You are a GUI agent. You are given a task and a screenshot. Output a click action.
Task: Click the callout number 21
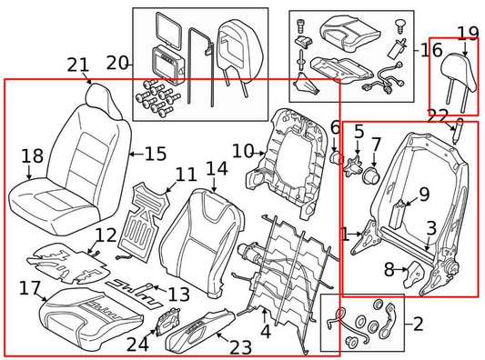tap(77, 65)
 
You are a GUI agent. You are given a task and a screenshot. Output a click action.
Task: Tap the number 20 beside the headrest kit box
tap(117, 63)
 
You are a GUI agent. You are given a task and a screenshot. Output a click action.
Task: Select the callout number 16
tap(432, 50)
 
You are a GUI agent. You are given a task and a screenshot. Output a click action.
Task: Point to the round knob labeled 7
tap(371, 175)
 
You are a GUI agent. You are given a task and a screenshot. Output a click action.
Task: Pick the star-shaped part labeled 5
tap(354, 165)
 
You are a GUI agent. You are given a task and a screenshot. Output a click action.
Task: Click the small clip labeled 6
tap(337, 157)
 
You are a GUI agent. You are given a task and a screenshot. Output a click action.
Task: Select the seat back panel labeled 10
tap(286, 165)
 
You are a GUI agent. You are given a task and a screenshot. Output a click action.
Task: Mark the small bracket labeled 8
tap(414, 274)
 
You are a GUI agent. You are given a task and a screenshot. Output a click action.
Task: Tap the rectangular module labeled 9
tap(398, 215)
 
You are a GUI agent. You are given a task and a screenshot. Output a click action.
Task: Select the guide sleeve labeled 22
tap(458, 131)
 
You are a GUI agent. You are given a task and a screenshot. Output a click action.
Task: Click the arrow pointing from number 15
tap(136, 154)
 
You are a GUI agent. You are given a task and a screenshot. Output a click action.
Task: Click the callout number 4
tap(266, 331)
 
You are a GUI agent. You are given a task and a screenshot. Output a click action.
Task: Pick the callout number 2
tap(418, 324)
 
